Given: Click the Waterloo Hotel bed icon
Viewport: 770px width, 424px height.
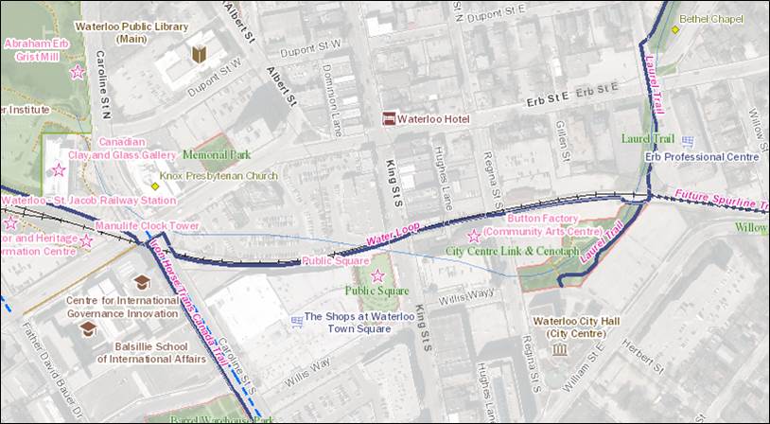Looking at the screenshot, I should pyautogui.click(x=388, y=118).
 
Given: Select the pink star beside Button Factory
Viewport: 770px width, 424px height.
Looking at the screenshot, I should pyautogui.click(x=474, y=236).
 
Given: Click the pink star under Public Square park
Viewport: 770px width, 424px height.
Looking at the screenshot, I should pyautogui.click(x=377, y=275).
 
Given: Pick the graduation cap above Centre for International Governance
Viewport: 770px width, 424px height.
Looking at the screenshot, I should pyautogui.click(x=141, y=282).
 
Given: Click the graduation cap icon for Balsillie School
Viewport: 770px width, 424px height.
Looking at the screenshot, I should pyautogui.click(x=88, y=327).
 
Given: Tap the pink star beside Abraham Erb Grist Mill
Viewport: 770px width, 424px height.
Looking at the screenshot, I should pyautogui.click(x=77, y=72).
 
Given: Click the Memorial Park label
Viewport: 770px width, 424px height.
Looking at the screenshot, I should pyautogui.click(x=216, y=154).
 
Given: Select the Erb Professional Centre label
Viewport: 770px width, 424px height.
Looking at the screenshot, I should pyautogui.click(x=702, y=156).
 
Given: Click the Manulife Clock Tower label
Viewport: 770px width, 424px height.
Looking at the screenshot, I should pyautogui.click(x=147, y=226).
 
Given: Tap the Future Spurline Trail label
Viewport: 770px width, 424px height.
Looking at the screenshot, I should pyautogui.click(x=723, y=201).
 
